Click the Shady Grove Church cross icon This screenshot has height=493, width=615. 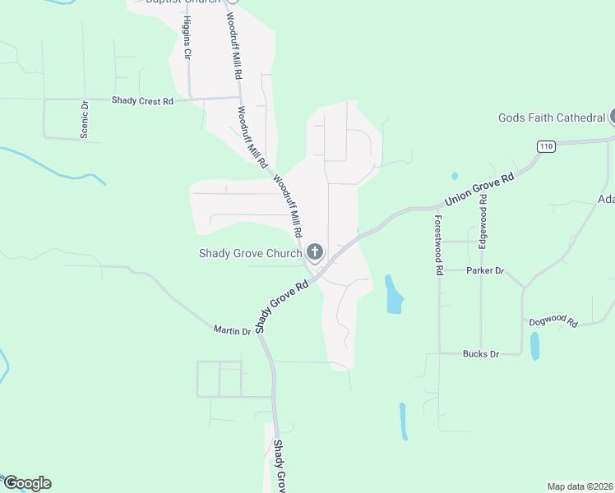point(313,251)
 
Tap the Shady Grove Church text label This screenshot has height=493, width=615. point(250,253)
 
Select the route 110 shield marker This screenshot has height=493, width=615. point(546,146)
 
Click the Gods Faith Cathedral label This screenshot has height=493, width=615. point(551,117)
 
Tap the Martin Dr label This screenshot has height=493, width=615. point(232,331)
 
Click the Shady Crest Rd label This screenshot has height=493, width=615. point(143,101)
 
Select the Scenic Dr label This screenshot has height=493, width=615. point(85,119)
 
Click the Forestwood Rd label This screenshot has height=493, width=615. point(439,244)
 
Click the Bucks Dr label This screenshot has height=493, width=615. point(481,354)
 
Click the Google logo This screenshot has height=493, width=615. point(27,483)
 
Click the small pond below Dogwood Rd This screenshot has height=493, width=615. point(535,346)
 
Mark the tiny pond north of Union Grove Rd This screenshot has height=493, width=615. point(455,176)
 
